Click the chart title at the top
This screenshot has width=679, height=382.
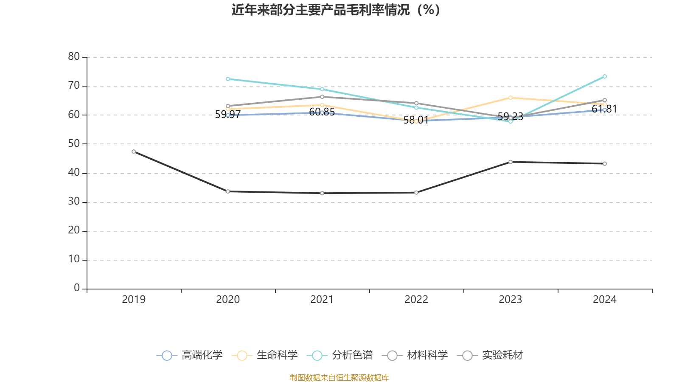click(336, 10)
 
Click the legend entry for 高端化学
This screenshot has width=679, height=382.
click(190, 355)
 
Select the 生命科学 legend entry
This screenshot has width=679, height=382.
click(265, 355)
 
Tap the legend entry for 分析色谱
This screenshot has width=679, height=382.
click(340, 355)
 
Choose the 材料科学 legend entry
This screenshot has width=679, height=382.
click(415, 355)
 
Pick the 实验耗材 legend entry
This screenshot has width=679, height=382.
click(490, 355)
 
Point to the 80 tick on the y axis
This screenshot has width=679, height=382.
click(74, 56)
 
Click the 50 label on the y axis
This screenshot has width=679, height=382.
click(74, 143)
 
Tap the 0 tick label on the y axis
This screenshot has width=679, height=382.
click(77, 288)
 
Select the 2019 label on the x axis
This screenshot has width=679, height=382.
click(134, 300)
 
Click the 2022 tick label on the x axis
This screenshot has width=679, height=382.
click(416, 300)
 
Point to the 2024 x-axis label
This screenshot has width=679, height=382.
click(605, 300)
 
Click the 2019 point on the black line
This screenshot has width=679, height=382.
click(134, 152)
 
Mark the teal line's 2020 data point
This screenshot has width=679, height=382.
click(228, 79)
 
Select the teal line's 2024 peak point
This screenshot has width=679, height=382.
click(605, 76)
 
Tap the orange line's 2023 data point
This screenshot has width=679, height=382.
click(511, 98)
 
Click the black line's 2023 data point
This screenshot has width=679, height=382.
click(511, 162)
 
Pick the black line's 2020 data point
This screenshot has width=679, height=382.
click(228, 191)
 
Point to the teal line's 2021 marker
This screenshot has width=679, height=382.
click(322, 89)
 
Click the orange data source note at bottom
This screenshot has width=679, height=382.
click(339, 377)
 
